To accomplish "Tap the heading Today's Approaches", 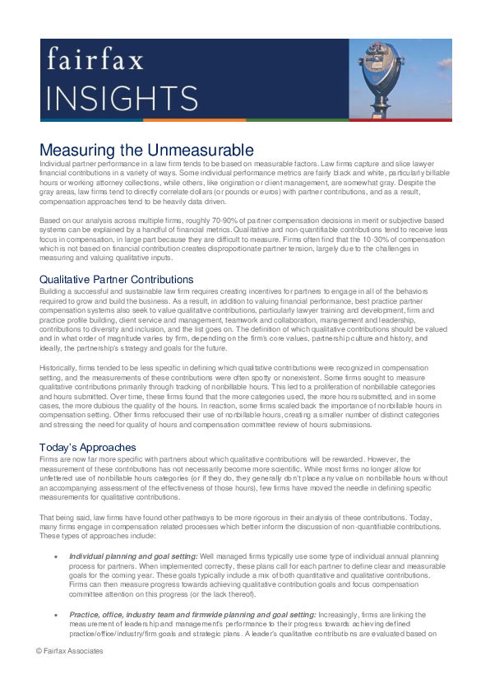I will pos(87,448).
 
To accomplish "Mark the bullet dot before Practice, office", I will pos(55,614).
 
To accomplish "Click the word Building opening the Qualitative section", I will pos(53,293).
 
